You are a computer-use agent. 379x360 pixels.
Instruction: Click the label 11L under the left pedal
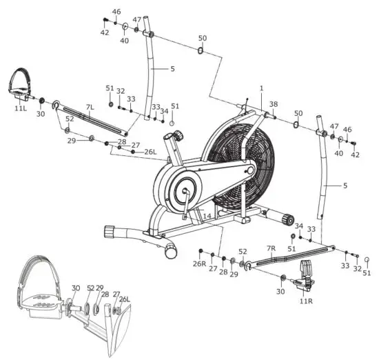tap(21, 108)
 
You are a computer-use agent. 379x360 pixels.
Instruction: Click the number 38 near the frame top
tap(274, 104)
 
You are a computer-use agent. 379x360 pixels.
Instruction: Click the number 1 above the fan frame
tap(262, 88)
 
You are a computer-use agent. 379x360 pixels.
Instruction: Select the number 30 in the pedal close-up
tap(76, 288)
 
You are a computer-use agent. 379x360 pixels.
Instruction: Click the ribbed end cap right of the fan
tap(285, 218)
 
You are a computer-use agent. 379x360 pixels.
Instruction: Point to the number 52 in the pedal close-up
tap(90, 288)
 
